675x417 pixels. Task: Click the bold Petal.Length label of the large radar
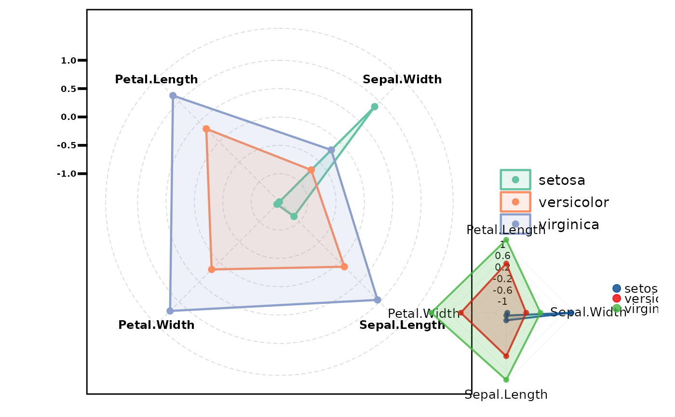(x=156, y=79)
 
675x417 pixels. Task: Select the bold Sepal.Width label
(x=402, y=79)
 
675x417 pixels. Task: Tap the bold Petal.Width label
(x=156, y=325)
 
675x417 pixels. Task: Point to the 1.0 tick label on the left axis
(x=69, y=61)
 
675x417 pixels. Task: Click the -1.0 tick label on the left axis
(x=67, y=174)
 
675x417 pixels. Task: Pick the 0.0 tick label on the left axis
(x=69, y=117)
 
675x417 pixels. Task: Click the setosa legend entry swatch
(x=515, y=180)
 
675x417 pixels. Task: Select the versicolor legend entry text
(x=574, y=202)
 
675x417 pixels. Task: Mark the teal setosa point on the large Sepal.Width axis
(x=374, y=107)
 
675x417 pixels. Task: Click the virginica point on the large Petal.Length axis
(x=173, y=96)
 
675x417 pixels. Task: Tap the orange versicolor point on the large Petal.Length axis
(x=206, y=129)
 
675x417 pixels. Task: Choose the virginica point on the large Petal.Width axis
(x=170, y=311)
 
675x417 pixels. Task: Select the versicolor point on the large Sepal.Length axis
(x=344, y=267)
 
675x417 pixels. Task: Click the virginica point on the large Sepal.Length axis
(x=378, y=300)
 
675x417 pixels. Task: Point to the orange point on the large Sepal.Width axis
(x=311, y=170)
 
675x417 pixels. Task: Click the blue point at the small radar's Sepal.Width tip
(x=571, y=313)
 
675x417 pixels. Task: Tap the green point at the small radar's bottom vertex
(x=506, y=379)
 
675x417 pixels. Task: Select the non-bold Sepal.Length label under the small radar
(x=506, y=395)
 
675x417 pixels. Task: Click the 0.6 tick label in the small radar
(x=502, y=256)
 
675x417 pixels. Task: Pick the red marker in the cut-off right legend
(x=616, y=299)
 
